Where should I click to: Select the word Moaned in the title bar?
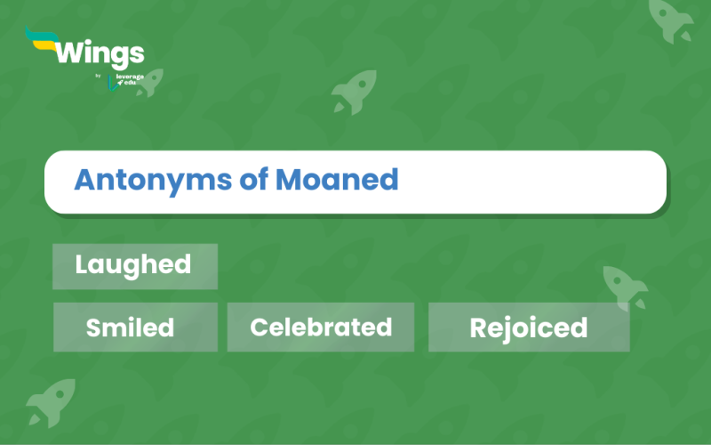click(336, 180)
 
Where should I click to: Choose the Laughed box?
click(134, 265)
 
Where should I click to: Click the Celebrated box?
click(321, 327)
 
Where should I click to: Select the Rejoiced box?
click(529, 328)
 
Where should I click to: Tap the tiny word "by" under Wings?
click(98, 76)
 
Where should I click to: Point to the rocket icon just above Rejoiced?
click(625, 286)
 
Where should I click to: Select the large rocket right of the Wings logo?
click(353, 90)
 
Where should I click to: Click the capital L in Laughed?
click(81, 264)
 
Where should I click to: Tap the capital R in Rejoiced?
click(477, 328)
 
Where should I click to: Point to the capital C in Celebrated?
click(259, 327)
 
